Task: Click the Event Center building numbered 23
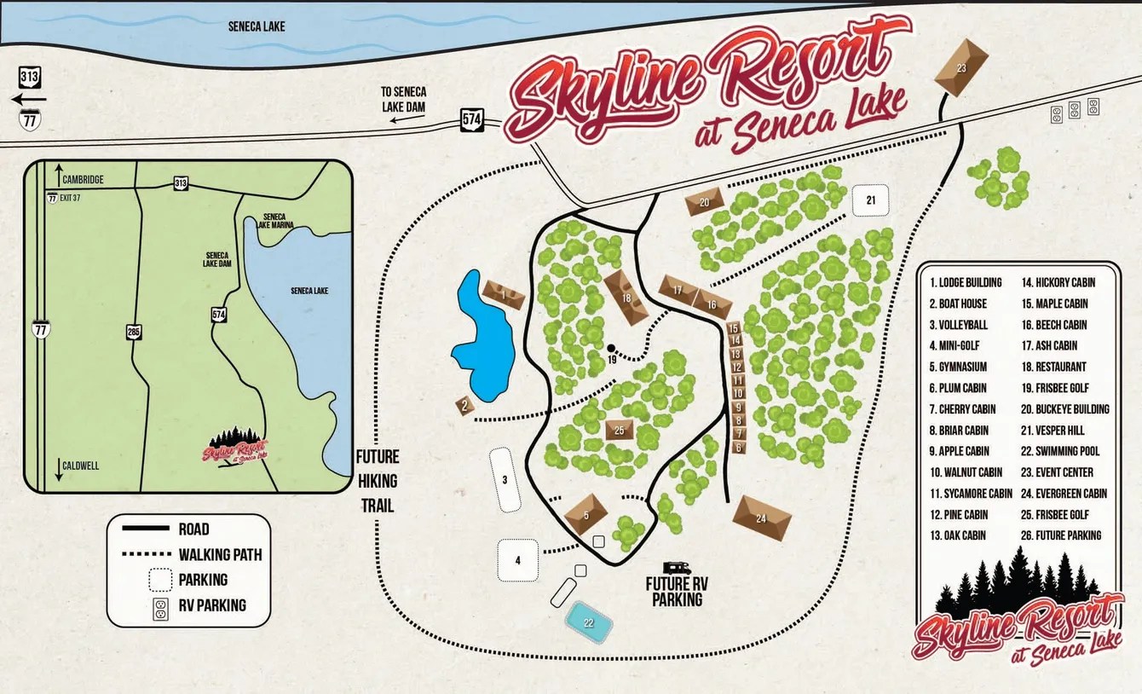tap(961, 67)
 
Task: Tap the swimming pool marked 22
tap(589, 622)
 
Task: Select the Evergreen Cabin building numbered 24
tap(761, 518)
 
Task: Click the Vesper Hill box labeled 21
tap(870, 201)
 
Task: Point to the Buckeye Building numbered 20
tap(704, 202)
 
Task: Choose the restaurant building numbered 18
tap(626, 298)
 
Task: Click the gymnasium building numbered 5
tap(585, 514)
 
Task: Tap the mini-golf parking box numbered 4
tap(518, 560)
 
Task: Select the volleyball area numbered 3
tap(505, 480)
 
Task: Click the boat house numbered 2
tap(464, 406)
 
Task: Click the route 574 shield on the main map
tap(472, 119)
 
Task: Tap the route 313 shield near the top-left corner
tap(28, 78)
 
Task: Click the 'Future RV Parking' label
tap(678, 592)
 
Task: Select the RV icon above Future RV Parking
tap(678, 567)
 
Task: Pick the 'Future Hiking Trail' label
tap(377, 481)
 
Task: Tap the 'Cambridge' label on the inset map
tap(83, 180)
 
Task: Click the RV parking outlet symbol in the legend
tap(158, 606)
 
